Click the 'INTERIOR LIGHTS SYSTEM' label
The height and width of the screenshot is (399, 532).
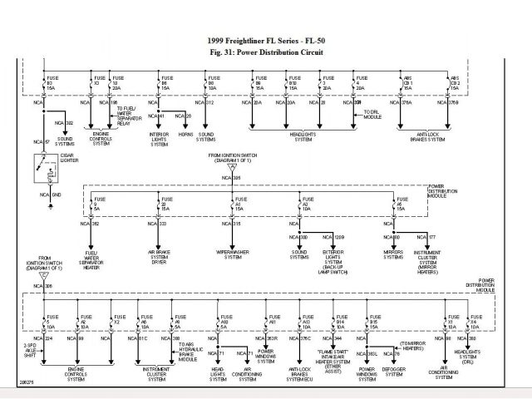point(160,140)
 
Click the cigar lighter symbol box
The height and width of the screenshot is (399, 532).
point(39,170)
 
